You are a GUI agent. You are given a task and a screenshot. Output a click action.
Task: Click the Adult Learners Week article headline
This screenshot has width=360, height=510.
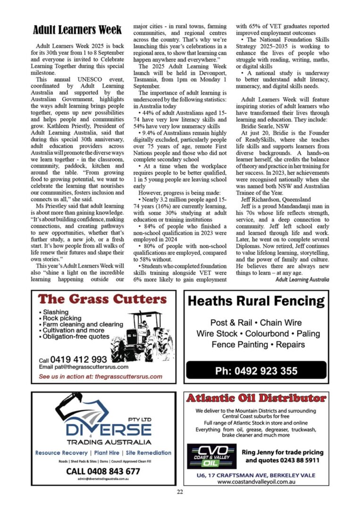click(x=77, y=31)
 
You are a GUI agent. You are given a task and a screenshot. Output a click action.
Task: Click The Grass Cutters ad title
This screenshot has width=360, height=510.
click(x=102, y=299)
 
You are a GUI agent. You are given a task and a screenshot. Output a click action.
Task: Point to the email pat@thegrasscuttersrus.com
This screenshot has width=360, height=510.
click(x=84, y=367)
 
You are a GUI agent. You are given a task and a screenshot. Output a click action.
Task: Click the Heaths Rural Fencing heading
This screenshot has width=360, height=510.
click(x=256, y=302)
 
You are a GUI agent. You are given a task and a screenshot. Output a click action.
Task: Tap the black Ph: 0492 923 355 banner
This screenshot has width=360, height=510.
click(x=256, y=371)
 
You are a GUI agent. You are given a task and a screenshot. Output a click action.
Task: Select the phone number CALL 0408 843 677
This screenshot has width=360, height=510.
click(x=103, y=471)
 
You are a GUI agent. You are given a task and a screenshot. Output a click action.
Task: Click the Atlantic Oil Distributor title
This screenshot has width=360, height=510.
click(x=256, y=399)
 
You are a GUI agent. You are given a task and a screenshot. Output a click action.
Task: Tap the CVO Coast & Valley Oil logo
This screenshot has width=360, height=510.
click(x=211, y=456)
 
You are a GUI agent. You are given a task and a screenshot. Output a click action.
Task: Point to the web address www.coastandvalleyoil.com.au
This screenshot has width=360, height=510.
click(x=256, y=482)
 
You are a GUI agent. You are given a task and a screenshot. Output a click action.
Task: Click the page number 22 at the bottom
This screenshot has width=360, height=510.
click(x=180, y=493)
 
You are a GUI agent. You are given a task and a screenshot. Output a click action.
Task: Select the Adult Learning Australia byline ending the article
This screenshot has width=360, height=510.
click(x=302, y=280)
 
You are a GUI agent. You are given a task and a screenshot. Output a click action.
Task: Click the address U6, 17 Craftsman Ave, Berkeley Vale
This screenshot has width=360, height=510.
click(x=256, y=475)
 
